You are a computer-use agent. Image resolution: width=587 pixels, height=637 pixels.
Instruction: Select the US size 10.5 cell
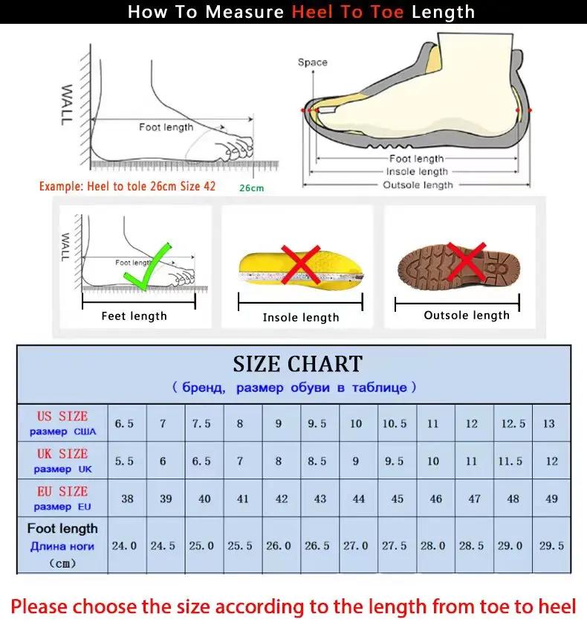point(395,423)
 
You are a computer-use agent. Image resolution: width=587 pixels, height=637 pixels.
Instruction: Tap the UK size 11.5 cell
point(510,461)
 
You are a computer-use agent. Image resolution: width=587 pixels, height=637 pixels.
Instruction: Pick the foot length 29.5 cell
point(551,545)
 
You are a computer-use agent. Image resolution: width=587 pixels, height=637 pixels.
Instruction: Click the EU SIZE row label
point(63,498)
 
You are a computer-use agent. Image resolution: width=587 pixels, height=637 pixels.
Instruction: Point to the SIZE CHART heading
point(297,364)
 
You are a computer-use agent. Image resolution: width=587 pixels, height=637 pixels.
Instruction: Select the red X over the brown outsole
point(465,262)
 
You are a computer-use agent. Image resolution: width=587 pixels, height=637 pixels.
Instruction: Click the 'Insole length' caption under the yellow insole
point(301,318)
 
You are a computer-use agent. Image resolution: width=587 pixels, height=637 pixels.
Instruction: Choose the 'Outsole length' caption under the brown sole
point(467,316)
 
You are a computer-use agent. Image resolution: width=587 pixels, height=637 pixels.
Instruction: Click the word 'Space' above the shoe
point(312,63)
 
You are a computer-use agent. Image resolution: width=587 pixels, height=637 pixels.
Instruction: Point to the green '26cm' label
point(251,188)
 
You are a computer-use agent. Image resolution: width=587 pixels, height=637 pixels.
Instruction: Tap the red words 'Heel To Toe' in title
point(348,12)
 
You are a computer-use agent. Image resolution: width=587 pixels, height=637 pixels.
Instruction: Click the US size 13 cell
point(549,423)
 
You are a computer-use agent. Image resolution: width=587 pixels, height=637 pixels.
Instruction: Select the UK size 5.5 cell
point(125,461)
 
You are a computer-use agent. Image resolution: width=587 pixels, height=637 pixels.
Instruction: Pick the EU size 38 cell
point(127,499)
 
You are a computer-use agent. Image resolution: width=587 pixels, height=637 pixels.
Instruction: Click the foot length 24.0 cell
point(125,545)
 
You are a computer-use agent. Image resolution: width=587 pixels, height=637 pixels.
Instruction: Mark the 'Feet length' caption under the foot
point(134,316)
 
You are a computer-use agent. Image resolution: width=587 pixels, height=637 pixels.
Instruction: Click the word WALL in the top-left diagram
point(67,104)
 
